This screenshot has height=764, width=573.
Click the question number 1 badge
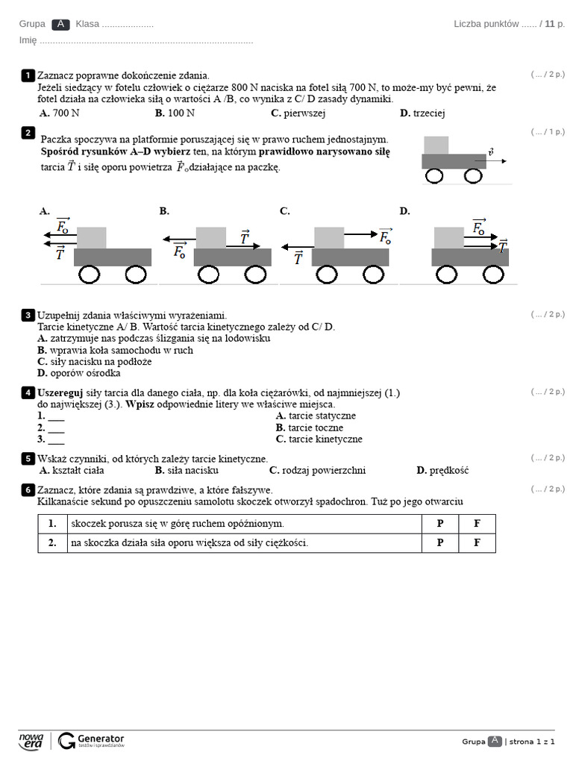pos(28,75)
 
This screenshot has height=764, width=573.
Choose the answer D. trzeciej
pos(422,113)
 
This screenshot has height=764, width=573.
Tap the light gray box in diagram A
pos(92,237)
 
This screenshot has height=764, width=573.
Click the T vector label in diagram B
pos(245,237)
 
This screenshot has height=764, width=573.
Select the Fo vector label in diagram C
pos(385,237)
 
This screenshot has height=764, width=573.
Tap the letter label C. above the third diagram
pos(284,211)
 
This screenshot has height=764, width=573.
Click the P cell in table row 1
pos(439,524)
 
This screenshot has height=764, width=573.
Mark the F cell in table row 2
pos(477,543)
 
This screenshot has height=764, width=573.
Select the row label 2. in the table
pos(52,543)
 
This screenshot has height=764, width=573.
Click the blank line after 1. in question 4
pos(56,416)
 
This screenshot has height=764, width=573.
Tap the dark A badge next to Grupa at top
pos(60,24)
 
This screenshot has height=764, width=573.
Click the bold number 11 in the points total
pos(550,24)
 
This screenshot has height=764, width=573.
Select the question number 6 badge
pos(28,490)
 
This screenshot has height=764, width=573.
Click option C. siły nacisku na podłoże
pos(95,361)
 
